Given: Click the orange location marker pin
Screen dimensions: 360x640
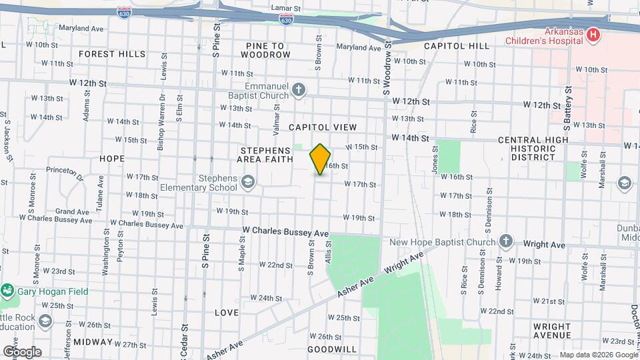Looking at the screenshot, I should click(x=320, y=159).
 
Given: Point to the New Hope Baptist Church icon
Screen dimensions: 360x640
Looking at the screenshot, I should click(x=505, y=241).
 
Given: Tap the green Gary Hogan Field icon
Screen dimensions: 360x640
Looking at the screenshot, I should click(x=7, y=291).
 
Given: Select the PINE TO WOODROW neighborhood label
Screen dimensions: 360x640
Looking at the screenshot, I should click(x=265, y=50).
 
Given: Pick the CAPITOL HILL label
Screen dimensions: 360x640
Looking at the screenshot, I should click(x=457, y=46).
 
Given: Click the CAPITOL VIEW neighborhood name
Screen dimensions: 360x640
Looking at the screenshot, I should click(x=323, y=127).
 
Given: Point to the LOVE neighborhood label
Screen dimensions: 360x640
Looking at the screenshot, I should click(x=227, y=312).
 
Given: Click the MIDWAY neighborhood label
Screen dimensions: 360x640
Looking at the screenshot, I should click(x=93, y=341).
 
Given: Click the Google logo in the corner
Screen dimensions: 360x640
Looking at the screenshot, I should click(x=22, y=351).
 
